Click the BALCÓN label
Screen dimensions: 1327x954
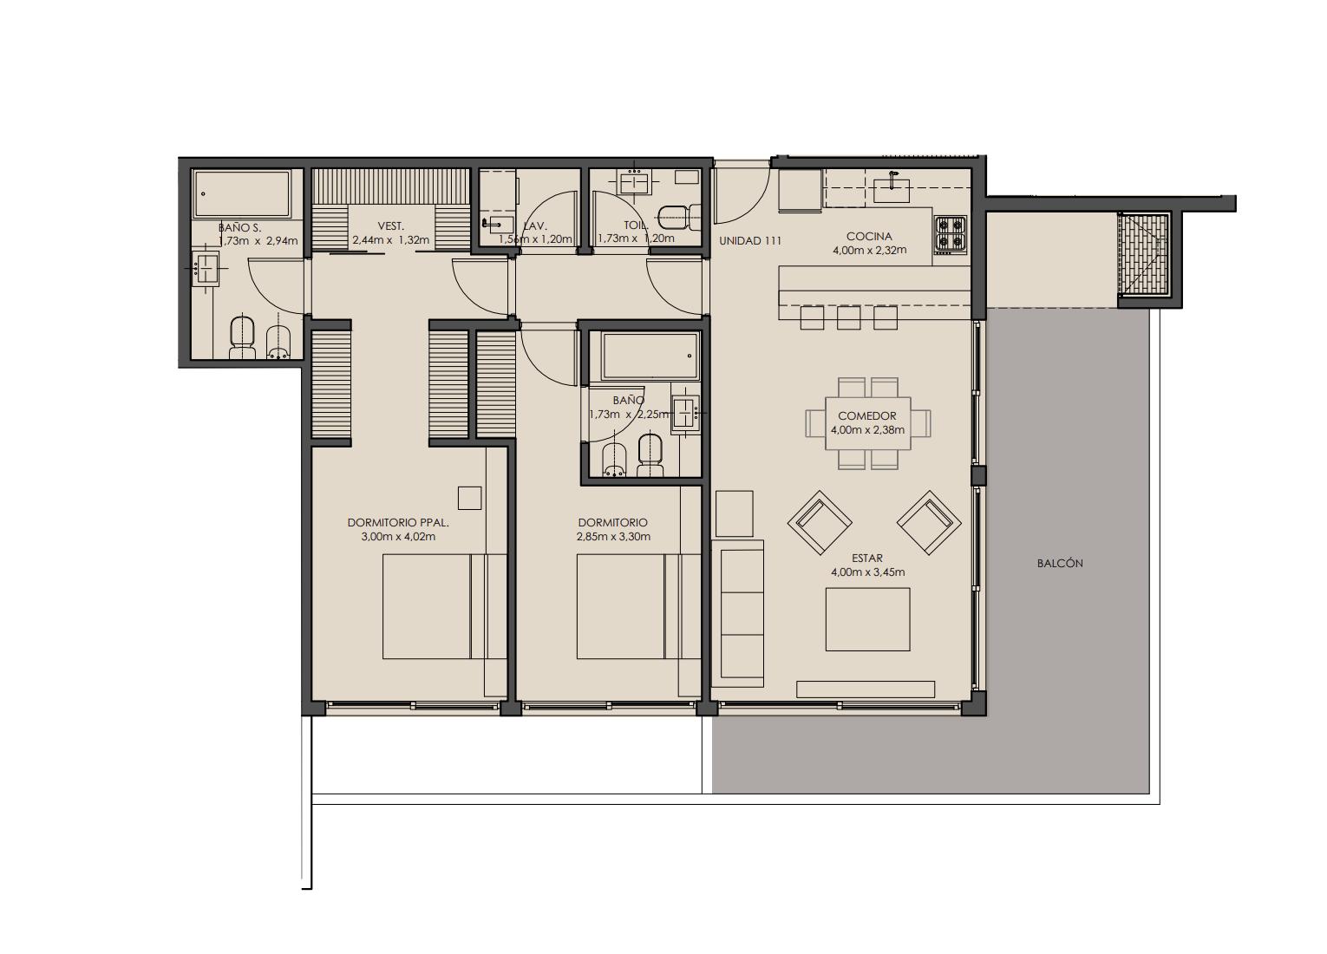click(1060, 564)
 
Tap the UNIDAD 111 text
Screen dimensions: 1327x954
click(750, 240)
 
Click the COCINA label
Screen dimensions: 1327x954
click(869, 236)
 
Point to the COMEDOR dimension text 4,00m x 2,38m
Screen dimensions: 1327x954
click(867, 429)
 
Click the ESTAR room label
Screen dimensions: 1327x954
click(867, 559)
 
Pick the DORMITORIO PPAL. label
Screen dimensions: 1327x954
click(398, 523)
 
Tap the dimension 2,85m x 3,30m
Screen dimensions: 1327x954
click(613, 537)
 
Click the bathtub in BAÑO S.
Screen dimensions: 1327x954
click(242, 193)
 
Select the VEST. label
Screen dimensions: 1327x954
click(391, 226)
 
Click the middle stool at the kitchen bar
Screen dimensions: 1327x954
click(848, 317)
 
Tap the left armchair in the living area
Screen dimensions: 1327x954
click(820, 523)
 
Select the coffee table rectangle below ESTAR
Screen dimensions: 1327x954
click(868, 619)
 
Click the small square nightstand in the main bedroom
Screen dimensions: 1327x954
click(470, 498)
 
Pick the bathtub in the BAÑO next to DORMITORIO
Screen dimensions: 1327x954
click(650, 356)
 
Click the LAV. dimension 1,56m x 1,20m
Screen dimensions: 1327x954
click(535, 239)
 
